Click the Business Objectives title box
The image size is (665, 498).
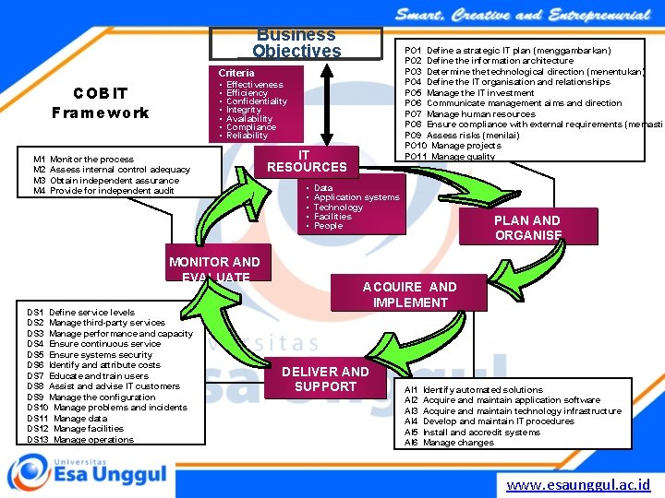[x=296, y=42]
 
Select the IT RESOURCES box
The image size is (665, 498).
[x=307, y=161]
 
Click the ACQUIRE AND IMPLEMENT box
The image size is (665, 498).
[x=410, y=294]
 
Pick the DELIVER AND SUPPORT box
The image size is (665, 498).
[x=324, y=378]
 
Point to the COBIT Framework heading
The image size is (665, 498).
[x=101, y=103]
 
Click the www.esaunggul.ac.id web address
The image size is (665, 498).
[x=578, y=483]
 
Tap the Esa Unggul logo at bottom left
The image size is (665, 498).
[x=88, y=474]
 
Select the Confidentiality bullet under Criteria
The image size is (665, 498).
[x=256, y=101]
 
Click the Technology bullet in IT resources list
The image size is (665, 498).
[x=338, y=207]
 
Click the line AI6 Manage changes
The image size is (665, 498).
[x=449, y=443]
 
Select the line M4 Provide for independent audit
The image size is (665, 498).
[x=103, y=191]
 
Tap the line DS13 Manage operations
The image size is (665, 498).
[x=80, y=439]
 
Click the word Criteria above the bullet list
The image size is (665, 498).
[x=236, y=72]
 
